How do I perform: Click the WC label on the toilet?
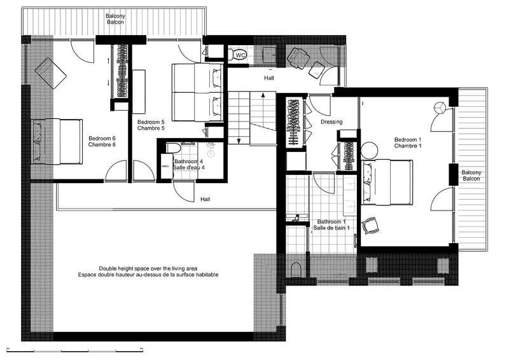tap(241, 55)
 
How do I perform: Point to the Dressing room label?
tap(331, 121)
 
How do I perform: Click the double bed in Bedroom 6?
tap(57, 142)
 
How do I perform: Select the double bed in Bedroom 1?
tap(387, 182)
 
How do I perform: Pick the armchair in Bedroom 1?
tap(370, 225)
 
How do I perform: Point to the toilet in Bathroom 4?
tap(174, 148)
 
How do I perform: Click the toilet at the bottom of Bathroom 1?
tap(296, 270)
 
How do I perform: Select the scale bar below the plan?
tap(75, 350)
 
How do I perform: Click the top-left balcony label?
tap(115, 19)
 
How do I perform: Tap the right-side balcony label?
tap(471, 176)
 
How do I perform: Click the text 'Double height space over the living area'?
tap(148, 268)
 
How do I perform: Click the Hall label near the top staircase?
tap(268, 78)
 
